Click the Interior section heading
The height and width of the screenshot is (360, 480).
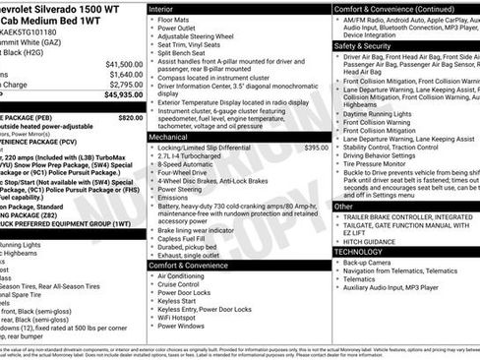click(161, 7)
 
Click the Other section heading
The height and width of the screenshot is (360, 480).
click(344, 207)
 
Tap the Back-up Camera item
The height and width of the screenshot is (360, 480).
click(374, 263)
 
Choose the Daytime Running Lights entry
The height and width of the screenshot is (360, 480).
click(387, 114)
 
